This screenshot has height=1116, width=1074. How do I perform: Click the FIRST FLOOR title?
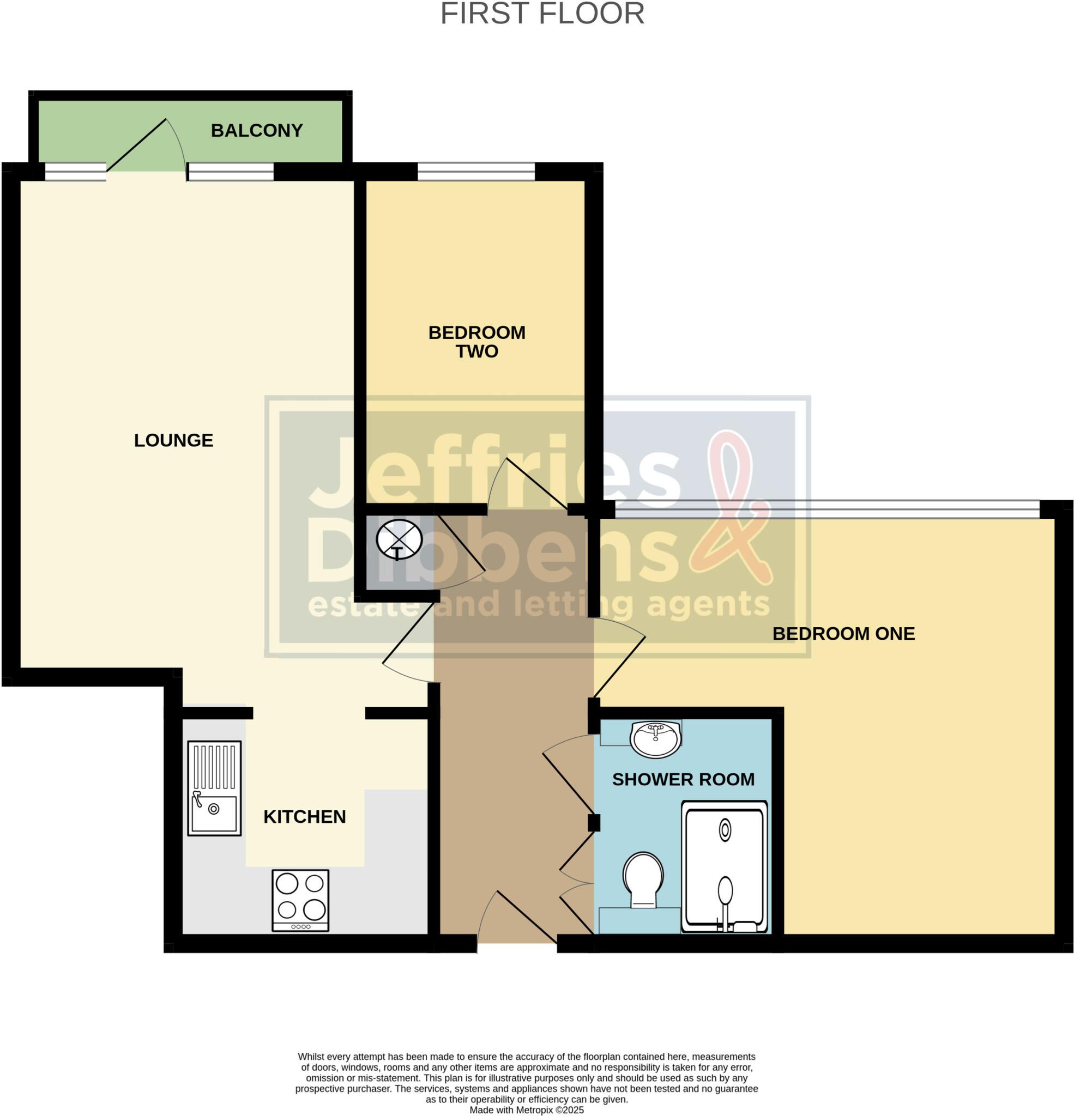pyautogui.click(x=542, y=14)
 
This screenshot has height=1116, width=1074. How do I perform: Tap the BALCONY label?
pyautogui.click(x=256, y=130)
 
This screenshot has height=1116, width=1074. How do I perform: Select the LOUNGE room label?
pyautogui.click(x=173, y=440)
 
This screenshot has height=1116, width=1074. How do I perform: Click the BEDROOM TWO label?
pyautogui.click(x=476, y=342)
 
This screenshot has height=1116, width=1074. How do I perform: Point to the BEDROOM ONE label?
pyautogui.click(x=843, y=634)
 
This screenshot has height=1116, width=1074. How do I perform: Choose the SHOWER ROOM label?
pyautogui.click(x=683, y=779)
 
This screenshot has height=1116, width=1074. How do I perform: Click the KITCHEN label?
pyautogui.click(x=304, y=817)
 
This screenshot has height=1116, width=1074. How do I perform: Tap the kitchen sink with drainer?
pyautogui.click(x=214, y=788)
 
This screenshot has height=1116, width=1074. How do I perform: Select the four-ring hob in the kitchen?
pyautogui.click(x=300, y=900)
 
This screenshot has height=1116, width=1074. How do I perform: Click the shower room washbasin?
pyautogui.click(x=655, y=739)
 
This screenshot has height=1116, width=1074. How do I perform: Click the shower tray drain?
pyautogui.click(x=725, y=830)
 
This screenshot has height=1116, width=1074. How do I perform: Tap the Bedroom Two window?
pyautogui.click(x=476, y=172)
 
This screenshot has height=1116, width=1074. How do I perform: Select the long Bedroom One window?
pyautogui.click(x=826, y=509)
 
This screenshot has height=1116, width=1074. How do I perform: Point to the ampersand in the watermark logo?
pyautogui.click(x=732, y=512)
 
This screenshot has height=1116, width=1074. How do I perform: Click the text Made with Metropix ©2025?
pyautogui.click(x=526, y=1110)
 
